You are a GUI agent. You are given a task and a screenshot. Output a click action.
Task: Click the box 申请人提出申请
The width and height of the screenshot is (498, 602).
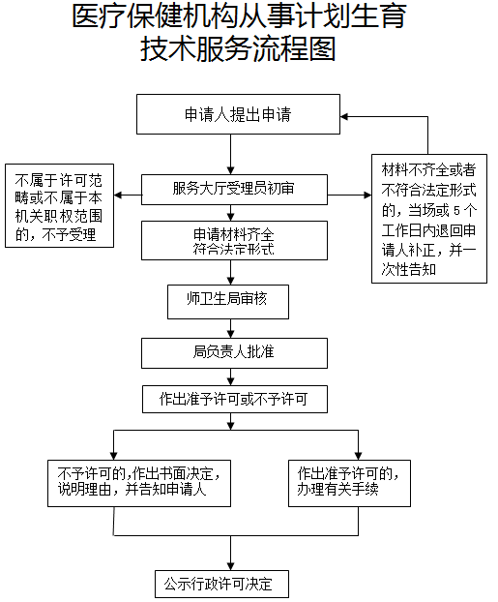click(x=238, y=114)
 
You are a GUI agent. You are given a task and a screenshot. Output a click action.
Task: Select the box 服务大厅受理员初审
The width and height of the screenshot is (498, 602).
click(x=234, y=190)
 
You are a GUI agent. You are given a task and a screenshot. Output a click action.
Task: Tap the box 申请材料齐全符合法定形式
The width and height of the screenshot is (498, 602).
click(x=234, y=240)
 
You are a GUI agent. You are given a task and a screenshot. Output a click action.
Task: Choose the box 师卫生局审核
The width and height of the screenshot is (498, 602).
click(x=228, y=302)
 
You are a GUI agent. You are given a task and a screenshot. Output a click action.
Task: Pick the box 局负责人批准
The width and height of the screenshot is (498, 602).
click(x=234, y=353)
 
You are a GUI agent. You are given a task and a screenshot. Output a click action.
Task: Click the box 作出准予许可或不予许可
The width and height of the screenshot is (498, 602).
click(x=235, y=400)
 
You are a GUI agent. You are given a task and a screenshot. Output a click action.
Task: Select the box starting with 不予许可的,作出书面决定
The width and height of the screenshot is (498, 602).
click(x=139, y=483)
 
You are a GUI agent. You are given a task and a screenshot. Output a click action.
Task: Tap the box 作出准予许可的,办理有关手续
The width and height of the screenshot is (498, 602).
click(x=349, y=483)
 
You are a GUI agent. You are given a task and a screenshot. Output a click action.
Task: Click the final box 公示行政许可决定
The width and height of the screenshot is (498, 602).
click(x=221, y=584)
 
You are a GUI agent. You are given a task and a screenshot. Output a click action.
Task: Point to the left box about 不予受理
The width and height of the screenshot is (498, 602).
click(x=59, y=205)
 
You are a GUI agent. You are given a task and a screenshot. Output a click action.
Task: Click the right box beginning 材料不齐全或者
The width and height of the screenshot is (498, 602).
click(x=429, y=219)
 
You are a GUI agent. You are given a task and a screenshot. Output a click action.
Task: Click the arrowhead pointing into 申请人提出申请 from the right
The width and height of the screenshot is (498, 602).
click(x=344, y=117)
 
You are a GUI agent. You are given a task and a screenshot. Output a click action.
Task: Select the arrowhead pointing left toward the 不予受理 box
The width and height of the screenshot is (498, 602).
click(x=118, y=196)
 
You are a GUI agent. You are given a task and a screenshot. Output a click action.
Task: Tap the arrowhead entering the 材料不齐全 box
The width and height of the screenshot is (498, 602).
click(x=367, y=196)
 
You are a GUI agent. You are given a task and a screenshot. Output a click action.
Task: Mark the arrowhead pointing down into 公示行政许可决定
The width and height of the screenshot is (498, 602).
click(x=230, y=566)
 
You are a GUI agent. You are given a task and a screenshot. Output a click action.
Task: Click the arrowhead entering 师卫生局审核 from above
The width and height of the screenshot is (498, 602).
click(x=230, y=281)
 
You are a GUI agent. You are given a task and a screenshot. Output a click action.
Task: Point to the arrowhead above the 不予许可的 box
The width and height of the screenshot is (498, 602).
click(x=113, y=456)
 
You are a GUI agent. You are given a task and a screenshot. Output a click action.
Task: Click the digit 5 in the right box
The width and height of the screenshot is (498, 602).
click(x=456, y=211)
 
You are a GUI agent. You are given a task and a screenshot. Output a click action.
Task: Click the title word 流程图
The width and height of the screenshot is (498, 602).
click(x=295, y=49)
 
